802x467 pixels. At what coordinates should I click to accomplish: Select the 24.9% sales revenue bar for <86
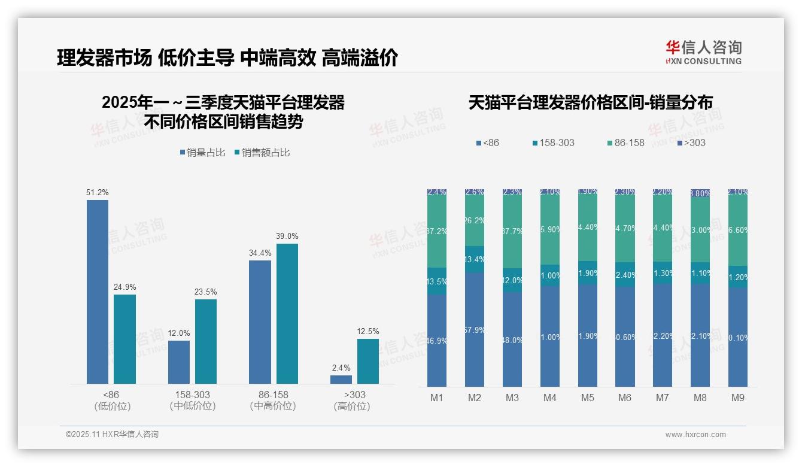[x=124, y=339]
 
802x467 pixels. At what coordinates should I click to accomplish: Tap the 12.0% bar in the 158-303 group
[x=179, y=362]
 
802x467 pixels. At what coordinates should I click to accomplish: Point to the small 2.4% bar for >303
[x=341, y=380]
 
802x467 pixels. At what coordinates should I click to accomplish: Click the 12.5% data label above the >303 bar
[x=368, y=332]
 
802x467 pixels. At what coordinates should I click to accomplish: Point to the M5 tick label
[x=587, y=398]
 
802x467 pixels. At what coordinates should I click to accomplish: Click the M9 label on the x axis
[x=737, y=398]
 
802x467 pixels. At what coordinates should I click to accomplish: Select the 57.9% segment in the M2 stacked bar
[x=475, y=329]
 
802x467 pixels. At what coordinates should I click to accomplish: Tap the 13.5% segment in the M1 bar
[x=437, y=281]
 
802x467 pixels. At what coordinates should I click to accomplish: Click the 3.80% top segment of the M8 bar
[x=700, y=193]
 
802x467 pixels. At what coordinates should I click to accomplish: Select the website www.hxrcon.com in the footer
[x=695, y=435]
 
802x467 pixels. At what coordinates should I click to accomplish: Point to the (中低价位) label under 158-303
[x=193, y=406]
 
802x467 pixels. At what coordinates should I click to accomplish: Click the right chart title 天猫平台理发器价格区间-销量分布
[x=590, y=103]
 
